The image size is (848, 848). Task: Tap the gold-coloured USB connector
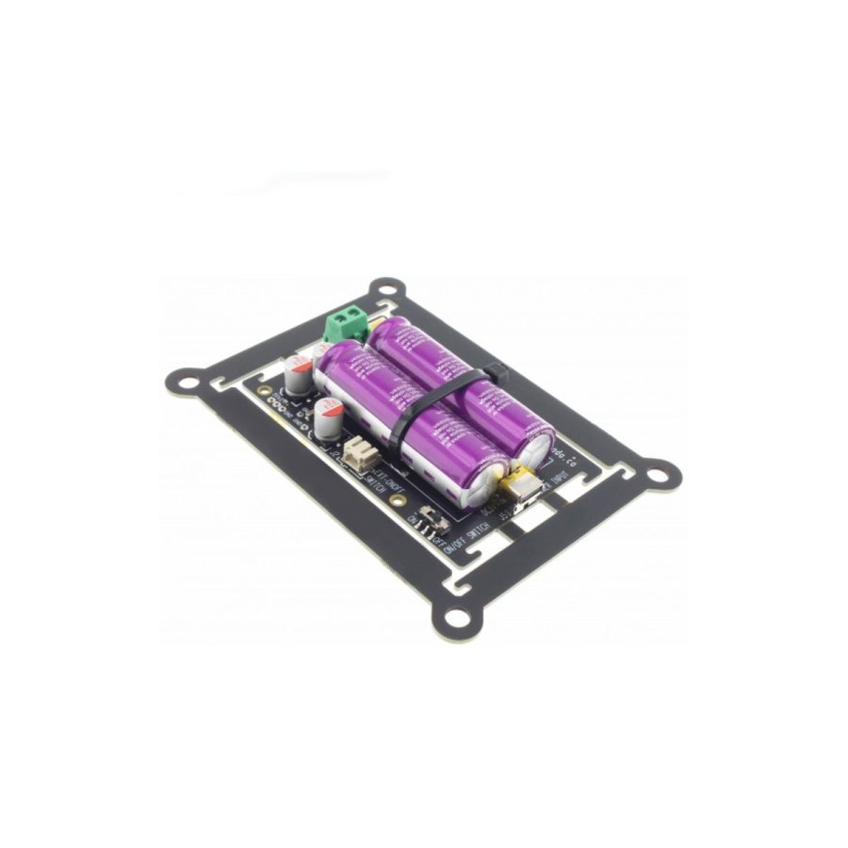(521, 488)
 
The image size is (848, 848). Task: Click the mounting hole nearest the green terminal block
(384, 288)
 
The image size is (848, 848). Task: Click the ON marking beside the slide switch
(416, 519)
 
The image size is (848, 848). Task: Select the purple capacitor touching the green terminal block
(462, 377)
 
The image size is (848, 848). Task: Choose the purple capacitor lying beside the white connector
(405, 415)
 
